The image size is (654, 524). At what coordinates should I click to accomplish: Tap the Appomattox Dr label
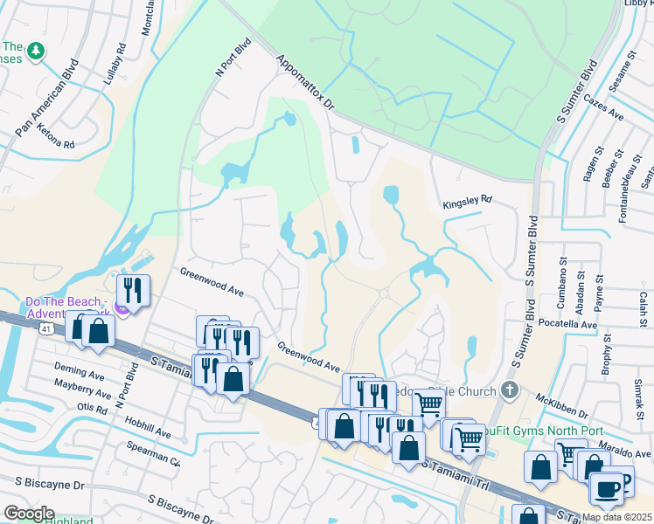(x=305, y=84)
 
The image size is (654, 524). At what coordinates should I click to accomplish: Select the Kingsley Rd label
(x=467, y=199)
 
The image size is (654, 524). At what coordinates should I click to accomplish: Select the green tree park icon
(x=36, y=52)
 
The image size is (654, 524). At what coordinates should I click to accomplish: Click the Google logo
(x=29, y=514)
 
